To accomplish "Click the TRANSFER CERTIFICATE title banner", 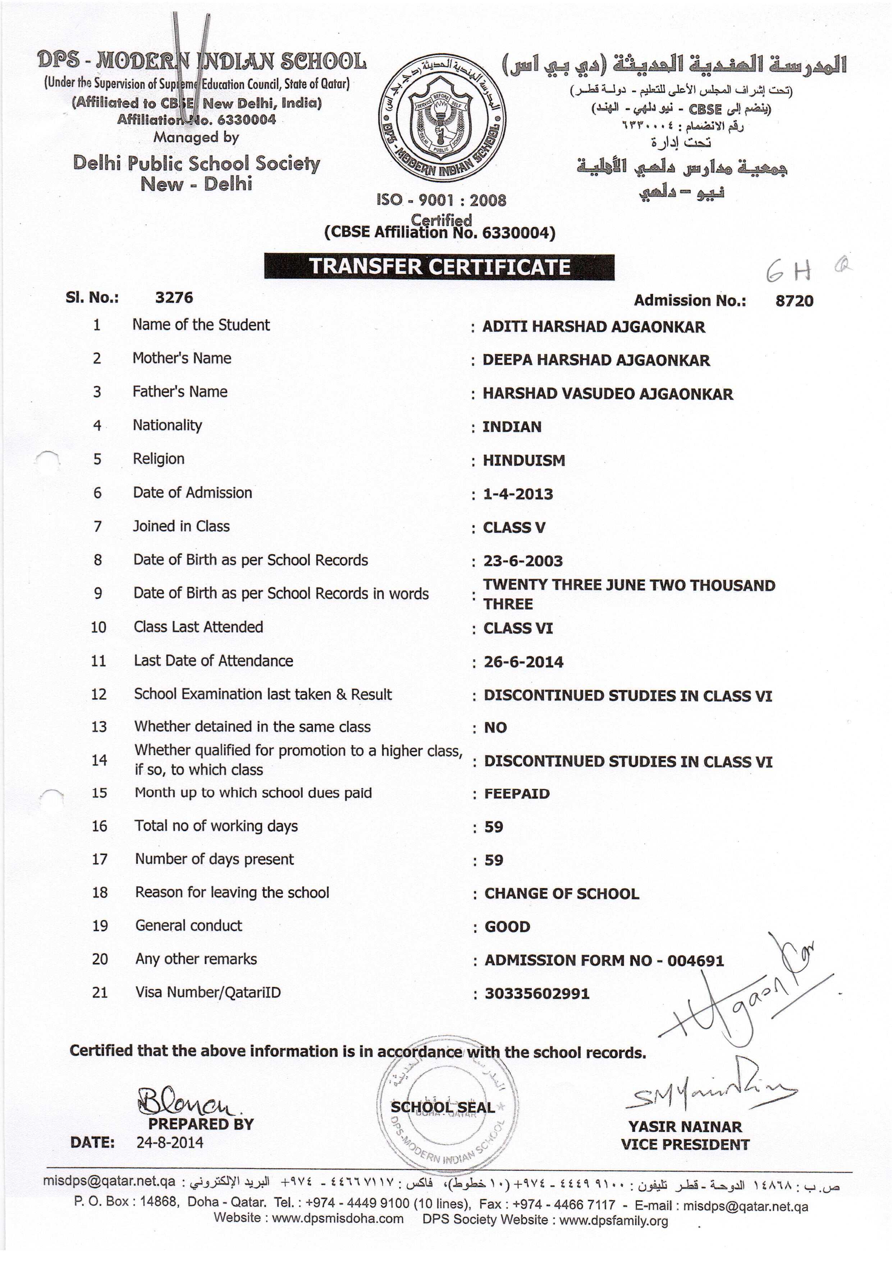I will pyautogui.click(x=439, y=267).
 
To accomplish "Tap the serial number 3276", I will pyautogui.click(x=174, y=298).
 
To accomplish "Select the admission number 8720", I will pyautogui.click(x=794, y=301).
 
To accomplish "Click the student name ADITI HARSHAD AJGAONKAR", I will pyautogui.click(x=593, y=327).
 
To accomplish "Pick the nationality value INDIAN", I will pyautogui.click(x=512, y=427).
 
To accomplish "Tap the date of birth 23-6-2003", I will pyautogui.click(x=523, y=561).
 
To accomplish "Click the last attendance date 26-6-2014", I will pyautogui.click(x=523, y=662).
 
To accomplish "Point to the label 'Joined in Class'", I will pyautogui.click(x=181, y=526).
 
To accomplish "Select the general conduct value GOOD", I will pyautogui.click(x=507, y=927).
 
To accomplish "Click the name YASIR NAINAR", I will pyautogui.click(x=685, y=1127).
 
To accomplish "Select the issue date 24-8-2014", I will pyautogui.click(x=170, y=1143).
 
